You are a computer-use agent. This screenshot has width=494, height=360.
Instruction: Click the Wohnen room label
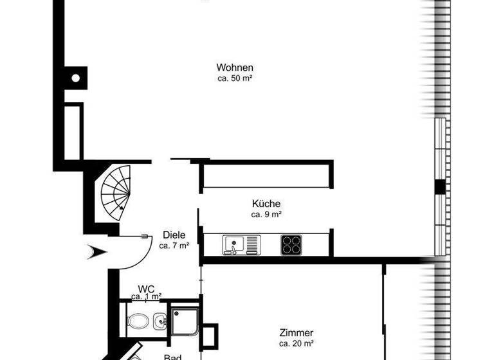click(x=235, y=67)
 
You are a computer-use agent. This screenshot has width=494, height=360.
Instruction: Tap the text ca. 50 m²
click(x=235, y=78)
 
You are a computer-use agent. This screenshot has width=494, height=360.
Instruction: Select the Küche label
click(x=266, y=204)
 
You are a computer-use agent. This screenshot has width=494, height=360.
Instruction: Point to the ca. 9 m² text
click(x=266, y=214)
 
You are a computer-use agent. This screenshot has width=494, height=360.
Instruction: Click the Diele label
click(x=174, y=235)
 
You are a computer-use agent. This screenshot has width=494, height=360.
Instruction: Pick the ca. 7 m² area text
click(x=174, y=245)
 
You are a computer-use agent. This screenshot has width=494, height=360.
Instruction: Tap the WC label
click(x=146, y=289)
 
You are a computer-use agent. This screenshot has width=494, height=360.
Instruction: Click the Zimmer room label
click(x=297, y=333)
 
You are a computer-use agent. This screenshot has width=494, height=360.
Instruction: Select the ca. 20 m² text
click(x=297, y=343)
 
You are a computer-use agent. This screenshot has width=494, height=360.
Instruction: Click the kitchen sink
click(x=241, y=244)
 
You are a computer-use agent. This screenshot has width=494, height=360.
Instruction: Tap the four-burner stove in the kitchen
click(x=291, y=244)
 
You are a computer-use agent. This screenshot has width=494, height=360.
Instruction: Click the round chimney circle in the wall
click(x=75, y=78)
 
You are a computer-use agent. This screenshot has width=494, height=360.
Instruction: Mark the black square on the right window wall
click(x=440, y=186)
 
